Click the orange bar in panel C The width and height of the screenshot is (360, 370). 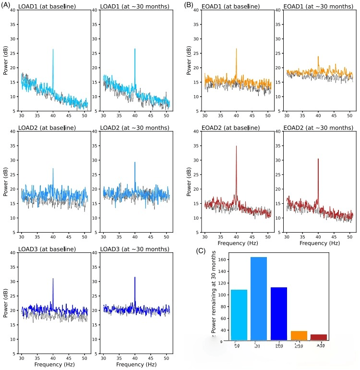[299, 335]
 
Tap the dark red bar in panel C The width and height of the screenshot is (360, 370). [319, 337]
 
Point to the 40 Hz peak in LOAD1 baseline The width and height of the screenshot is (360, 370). [53, 49]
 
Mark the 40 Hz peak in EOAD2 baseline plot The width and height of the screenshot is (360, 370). [236, 146]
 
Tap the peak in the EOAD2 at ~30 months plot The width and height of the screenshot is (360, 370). [318, 159]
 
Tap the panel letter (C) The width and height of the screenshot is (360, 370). [203, 251]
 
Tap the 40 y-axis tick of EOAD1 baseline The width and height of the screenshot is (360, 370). [197, 11]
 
